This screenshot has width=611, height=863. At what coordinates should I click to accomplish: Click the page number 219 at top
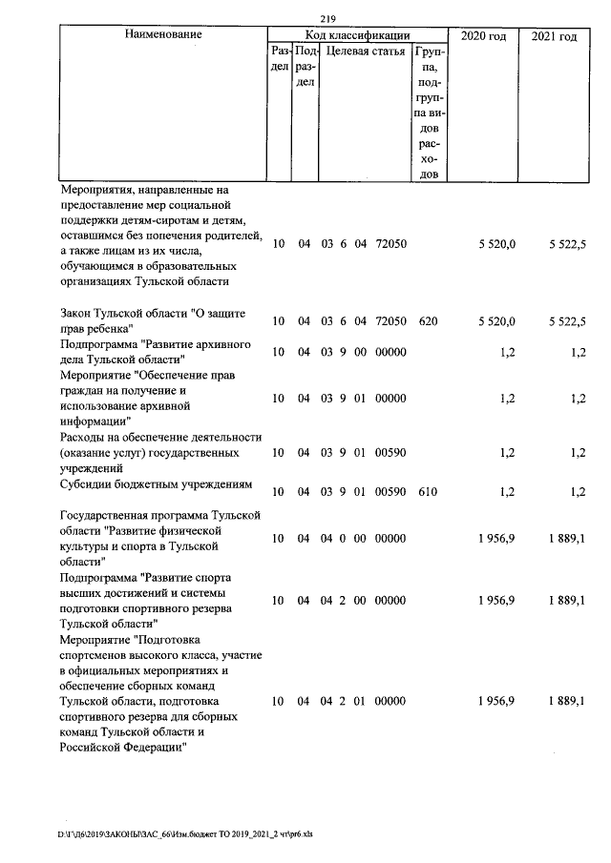pos(330,15)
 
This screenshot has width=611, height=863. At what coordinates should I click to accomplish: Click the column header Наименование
pos(163,35)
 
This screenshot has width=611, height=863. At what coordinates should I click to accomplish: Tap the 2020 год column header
pos(483,35)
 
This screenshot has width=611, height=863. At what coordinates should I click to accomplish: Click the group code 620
pos(428,321)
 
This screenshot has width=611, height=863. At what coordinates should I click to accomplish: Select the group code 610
pos(428,492)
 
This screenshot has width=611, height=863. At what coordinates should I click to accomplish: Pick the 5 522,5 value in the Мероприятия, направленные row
pos(567,244)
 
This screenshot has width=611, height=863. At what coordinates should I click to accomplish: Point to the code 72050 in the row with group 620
pos(390,321)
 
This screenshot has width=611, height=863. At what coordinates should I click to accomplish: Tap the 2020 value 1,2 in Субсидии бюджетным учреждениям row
pos(508,492)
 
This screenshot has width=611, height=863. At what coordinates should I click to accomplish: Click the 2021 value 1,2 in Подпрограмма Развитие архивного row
pos(578,352)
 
